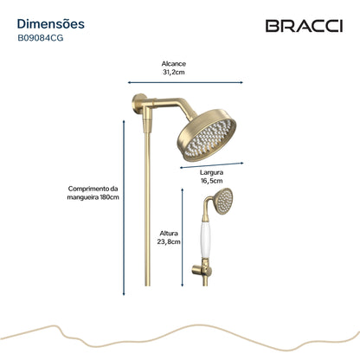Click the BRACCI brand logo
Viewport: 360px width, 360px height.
click(x=304, y=26)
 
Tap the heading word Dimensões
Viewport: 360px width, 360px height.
click(x=51, y=24)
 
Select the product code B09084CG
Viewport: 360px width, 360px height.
click(x=41, y=38)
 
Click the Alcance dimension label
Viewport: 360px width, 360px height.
click(x=174, y=64)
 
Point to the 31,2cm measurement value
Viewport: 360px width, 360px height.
click(x=174, y=72)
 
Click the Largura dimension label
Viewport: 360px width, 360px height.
click(x=212, y=172)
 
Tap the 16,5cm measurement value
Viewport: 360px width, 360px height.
click(x=212, y=181)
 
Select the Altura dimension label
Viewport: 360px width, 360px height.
click(x=169, y=233)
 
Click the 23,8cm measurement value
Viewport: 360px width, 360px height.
click(x=169, y=241)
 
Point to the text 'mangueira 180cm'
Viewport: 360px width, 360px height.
click(x=93, y=197)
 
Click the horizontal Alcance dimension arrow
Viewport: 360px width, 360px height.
click(x=185, y=82)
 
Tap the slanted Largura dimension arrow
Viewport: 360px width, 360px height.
click(x=212, y=165)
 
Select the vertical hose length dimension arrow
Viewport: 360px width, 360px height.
click(x=124, y=208)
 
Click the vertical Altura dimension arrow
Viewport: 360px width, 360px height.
click(x=182, y=237)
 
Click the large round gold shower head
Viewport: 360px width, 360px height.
click(x=207, y=135)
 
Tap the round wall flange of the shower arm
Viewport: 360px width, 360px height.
click(x=136, y=105)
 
